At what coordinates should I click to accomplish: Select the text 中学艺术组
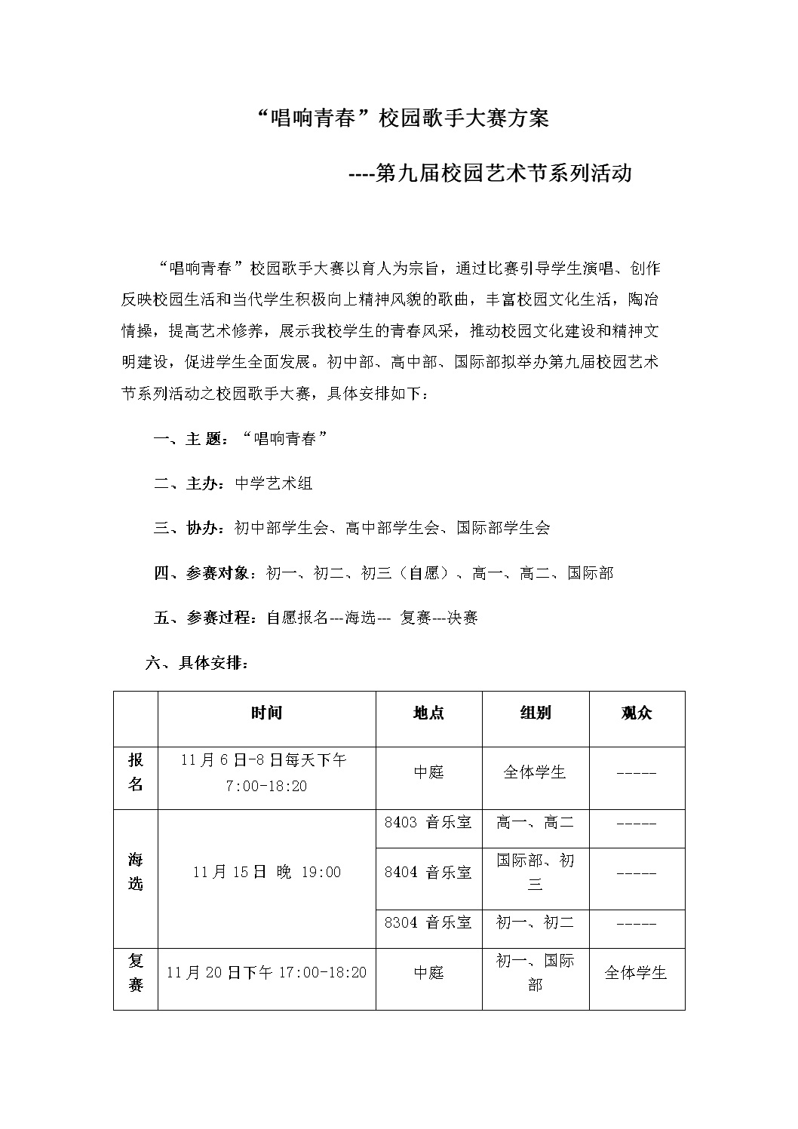click(x=274, y=483)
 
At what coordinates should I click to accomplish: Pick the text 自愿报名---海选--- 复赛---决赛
click(x=372, y=618)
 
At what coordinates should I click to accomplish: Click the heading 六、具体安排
click(x=197, y=664)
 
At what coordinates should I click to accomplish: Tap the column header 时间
click(x=266, y=713)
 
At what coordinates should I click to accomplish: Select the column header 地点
click(x=428, y=713)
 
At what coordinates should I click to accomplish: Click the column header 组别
click(x=535, y=713)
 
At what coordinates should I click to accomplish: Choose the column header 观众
click(x=636, y=713)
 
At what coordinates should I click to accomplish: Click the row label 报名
click(x=136, y=772)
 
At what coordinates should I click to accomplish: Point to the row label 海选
click(x=136, y=871)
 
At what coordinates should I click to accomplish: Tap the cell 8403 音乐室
click(x=428, y=822)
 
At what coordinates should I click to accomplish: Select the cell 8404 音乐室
click(x=428, y=873)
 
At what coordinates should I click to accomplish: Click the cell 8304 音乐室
click(x=428, y=922)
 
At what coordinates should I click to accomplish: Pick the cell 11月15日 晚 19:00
click(x=266, y=872)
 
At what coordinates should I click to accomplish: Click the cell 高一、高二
click(x=535, y=822)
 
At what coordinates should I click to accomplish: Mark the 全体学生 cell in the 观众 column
click(x=636, y=973)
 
